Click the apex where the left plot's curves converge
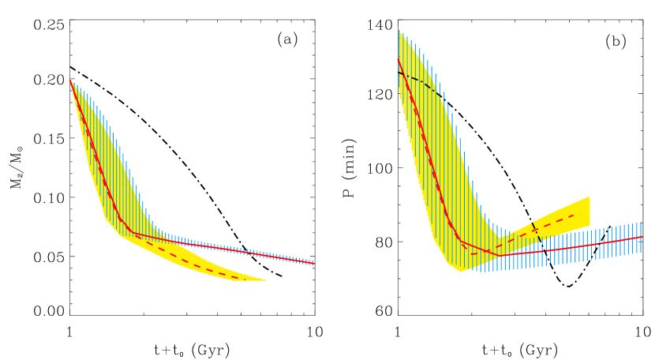pos(70,81)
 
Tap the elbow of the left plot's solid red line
pos(131,232)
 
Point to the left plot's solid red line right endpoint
pos(313,263)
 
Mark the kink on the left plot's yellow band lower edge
pos(106,219)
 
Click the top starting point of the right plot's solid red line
pos(399,59)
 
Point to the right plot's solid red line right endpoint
pos(642,237)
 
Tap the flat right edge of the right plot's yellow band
pos(589,212)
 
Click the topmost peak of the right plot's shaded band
pos(399,31)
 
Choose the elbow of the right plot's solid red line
pos(461,239)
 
